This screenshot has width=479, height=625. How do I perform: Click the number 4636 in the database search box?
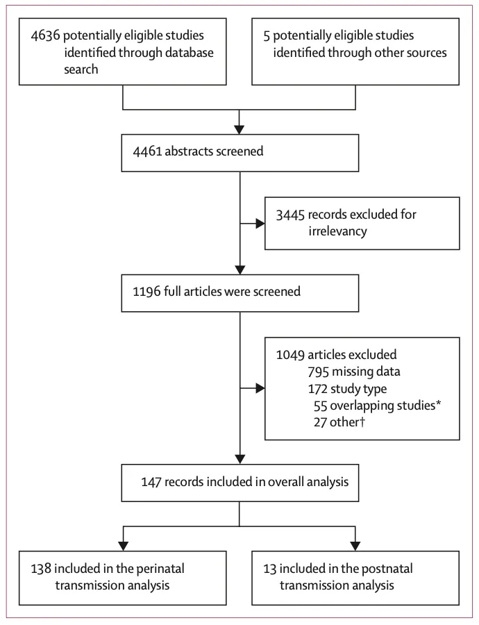point(45,35)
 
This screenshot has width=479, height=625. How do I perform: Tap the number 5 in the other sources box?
point(267,36)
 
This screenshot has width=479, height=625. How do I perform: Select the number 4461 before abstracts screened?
point(147,151)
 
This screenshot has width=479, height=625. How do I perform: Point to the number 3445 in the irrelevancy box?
point(290,215)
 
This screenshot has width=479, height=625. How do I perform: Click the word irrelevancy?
point(337,231)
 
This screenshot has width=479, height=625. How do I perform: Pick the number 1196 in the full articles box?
point(146,292)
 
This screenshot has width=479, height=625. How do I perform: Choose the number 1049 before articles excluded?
point(290,355)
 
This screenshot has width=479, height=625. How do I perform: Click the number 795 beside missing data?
point(319,372)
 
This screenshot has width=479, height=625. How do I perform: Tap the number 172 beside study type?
point(318,389)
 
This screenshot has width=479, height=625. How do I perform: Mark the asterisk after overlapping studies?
point(438,403)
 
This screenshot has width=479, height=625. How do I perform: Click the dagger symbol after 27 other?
point(362,422)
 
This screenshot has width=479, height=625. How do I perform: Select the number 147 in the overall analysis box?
point(151,482)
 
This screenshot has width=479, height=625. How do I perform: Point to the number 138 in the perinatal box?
point(41,569)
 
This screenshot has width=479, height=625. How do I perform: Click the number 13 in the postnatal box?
point(270,569)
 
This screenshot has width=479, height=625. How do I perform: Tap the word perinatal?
point(160,569)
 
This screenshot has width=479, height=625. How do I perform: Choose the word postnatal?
point(388,569)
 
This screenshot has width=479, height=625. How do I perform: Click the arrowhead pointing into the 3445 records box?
point(260,224)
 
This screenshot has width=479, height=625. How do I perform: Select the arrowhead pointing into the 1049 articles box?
point(260,388)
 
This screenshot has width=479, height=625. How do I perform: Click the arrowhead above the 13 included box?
point(355,546)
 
